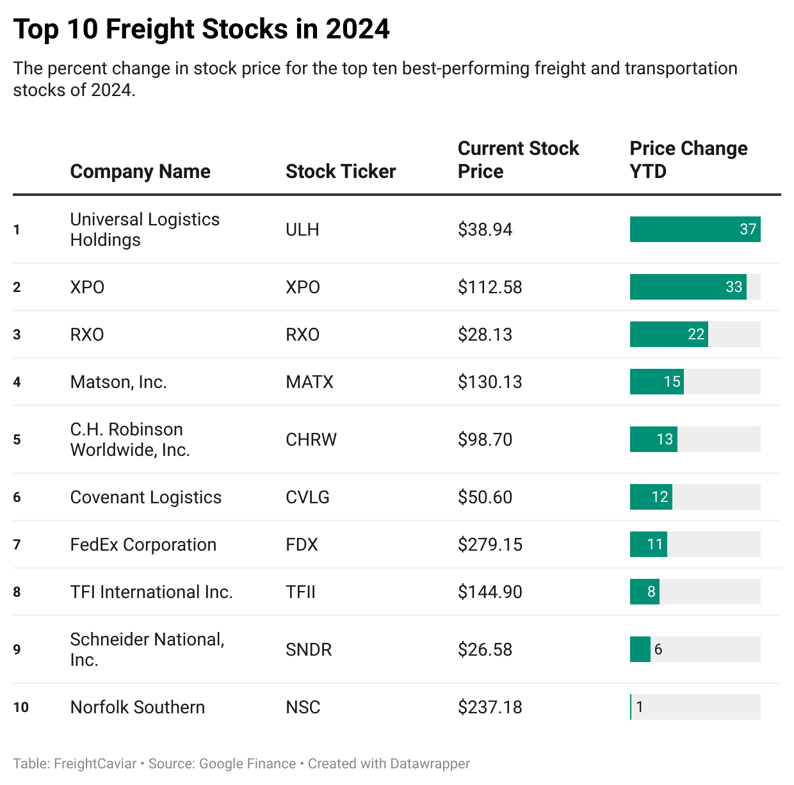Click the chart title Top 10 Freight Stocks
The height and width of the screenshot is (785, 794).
click(201, 29)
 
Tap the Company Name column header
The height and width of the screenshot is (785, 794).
click(140, 172)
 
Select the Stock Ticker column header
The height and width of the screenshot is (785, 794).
click(341, 172)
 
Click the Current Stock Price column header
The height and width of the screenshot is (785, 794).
click(518, 160)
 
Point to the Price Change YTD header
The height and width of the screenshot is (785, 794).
click(688, 160)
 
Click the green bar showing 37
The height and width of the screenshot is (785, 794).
click(695, 229)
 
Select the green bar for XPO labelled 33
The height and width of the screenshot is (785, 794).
click(688, 287)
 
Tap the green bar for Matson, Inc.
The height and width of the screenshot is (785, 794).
click(656, 382)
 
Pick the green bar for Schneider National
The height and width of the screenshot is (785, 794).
click(640, 649)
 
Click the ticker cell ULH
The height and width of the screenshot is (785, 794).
click(302, 229)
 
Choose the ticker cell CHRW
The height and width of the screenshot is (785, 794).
click(311, 439)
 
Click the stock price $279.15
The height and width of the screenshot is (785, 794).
click(490, 544)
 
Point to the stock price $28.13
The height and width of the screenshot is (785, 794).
click(485, 334)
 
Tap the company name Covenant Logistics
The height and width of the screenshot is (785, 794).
click(146, 497)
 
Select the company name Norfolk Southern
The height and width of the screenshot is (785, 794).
click(138, 707)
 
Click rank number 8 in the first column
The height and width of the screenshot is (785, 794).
click(17, 592)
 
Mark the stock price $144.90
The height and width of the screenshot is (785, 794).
click(490, 592)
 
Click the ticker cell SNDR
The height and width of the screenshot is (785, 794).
click(309, 649)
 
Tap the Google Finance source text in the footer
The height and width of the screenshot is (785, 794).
click(247, 764)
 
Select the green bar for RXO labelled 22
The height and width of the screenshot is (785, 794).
click(668, 334)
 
